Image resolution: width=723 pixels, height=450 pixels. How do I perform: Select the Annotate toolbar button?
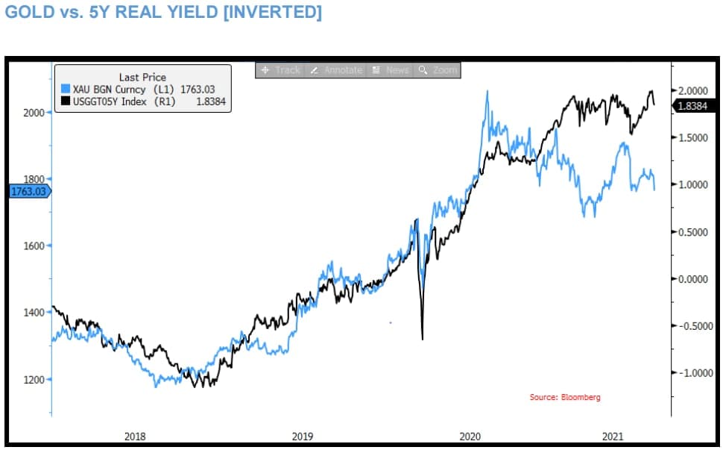click(x=337, y=70)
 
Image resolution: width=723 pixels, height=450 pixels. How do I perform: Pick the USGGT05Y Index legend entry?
click(x=124, y=101)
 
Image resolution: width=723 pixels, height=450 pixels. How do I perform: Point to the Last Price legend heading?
click(x=142, y=77)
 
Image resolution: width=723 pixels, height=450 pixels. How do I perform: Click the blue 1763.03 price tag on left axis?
click(x=28, y=192)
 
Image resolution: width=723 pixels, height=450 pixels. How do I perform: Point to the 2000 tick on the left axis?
click(x=34, y=112)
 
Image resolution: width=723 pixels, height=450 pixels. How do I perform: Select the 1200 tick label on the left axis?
click(x=34, y=379)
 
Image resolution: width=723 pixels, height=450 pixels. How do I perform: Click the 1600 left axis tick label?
click(x=34, y=246)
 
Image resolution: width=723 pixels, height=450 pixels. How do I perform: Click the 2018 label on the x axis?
click(x=135, y=435)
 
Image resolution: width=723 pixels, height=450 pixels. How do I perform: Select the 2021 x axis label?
click(x=613, y=435)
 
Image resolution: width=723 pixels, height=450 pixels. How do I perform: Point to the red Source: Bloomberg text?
click(x=564, y=397)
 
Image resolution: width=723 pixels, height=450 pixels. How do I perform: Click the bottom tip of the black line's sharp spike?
click(x=423, y=340)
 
